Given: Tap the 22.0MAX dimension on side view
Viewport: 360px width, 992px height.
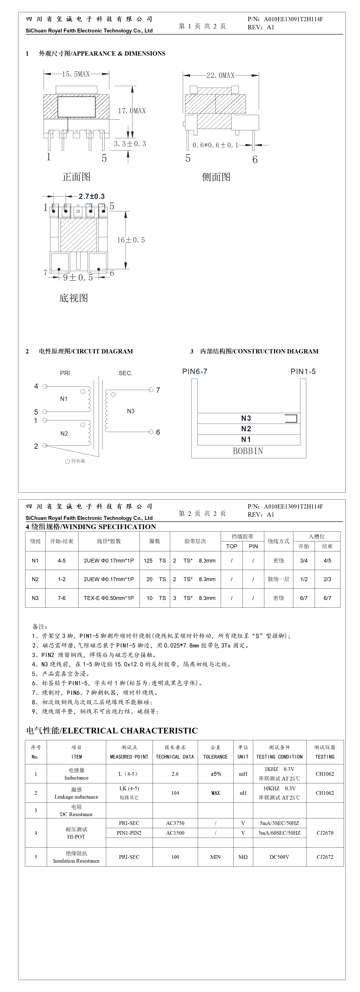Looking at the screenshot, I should click(220, 75).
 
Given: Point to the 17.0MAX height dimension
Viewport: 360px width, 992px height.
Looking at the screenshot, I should click(132, 111).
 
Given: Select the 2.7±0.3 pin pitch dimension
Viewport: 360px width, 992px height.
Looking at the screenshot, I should click(92, 196).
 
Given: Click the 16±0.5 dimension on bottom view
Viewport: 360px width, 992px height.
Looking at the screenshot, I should click(131, 240).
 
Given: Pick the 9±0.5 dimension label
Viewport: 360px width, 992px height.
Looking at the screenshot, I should click(78, 278).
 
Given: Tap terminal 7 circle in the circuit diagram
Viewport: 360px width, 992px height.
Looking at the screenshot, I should click(151, 390).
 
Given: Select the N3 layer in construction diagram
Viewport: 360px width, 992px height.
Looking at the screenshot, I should click(246, 418).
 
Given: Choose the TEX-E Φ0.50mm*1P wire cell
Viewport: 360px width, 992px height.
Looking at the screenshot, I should click(109, 598).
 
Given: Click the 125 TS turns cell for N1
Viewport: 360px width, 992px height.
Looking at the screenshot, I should click(154, 561).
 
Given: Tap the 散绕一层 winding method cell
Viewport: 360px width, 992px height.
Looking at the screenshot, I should click(278, 579).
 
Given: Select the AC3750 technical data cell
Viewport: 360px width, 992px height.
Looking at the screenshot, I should click(175, 823).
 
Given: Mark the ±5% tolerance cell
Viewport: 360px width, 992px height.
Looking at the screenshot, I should click(216, 774).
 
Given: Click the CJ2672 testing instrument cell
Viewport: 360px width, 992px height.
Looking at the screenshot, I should click(325, 857).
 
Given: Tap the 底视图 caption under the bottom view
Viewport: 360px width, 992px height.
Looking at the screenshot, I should click(73, 298).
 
